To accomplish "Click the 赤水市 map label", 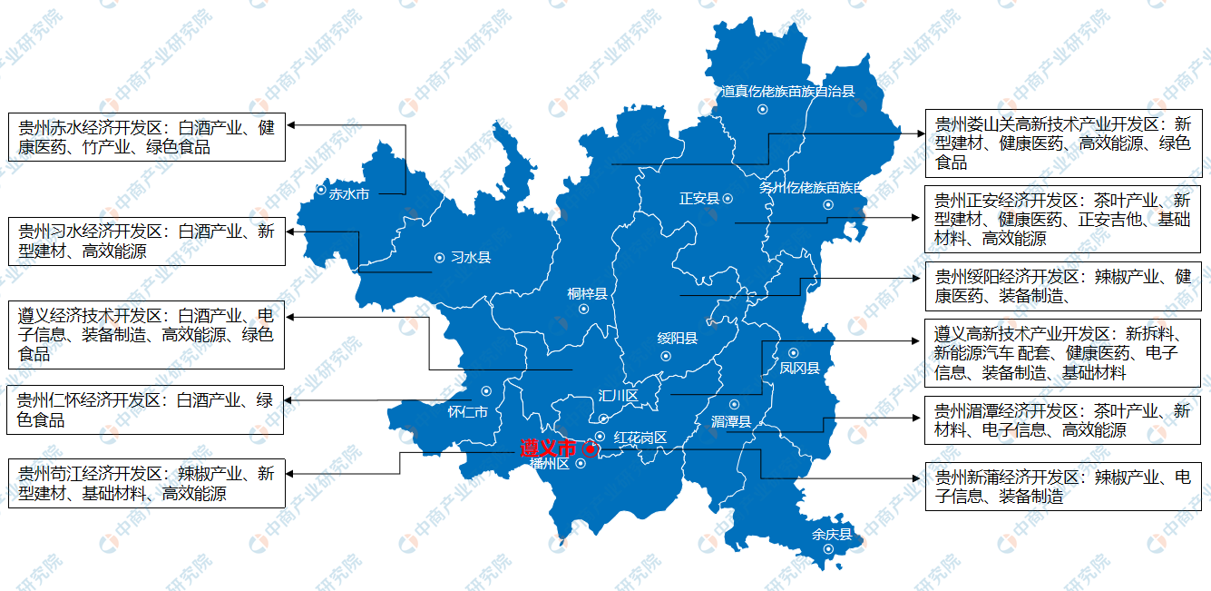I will pos(348,193).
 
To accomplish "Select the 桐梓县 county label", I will pos(587,293).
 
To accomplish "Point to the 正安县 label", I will pos(698,199).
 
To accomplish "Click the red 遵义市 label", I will pos(547,448).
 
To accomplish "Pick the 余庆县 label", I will pos(833,535).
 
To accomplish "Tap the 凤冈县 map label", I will pos(799,368).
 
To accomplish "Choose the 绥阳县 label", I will pos(678,339).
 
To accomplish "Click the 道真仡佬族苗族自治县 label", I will pos(787,92).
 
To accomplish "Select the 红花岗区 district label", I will pos(640,438).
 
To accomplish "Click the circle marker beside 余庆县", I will pos(828,550).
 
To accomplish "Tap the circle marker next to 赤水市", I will pos(321,191).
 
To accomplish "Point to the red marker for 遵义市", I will pos(590,448).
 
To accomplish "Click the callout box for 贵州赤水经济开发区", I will pos(146,137).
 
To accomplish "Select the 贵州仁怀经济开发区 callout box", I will pos(146,409).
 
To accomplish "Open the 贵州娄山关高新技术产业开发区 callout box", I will pos(1062,143).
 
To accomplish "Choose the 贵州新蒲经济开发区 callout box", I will pos(1062,487).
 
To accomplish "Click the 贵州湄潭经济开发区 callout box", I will pos(1062,420).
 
